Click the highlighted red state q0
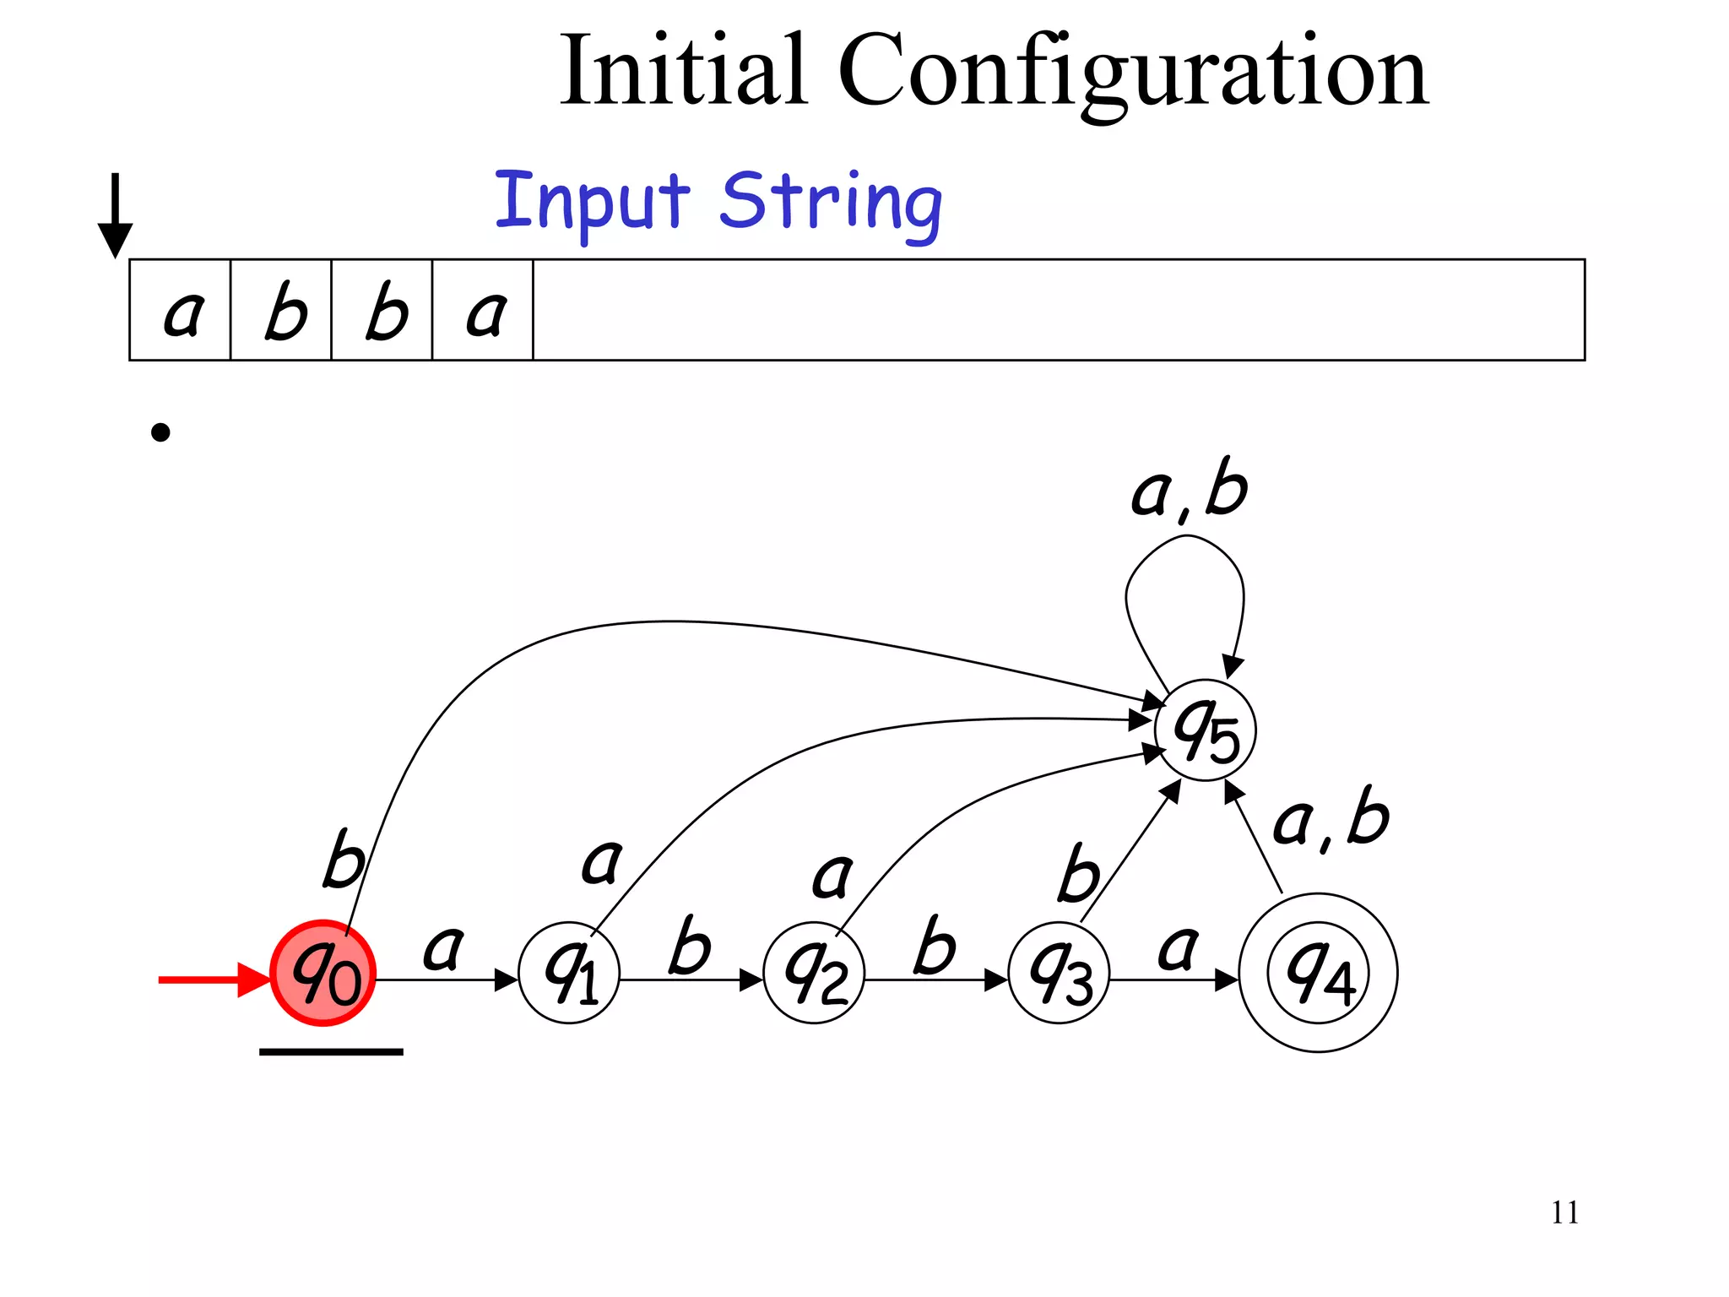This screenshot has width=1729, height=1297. [323, 973]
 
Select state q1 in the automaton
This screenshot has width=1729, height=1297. [570, 973]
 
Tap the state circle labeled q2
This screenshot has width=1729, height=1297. [815, 973]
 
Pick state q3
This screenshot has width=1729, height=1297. [1060, 973]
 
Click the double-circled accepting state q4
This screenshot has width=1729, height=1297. [1318, 973]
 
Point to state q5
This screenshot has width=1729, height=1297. [1206, 730]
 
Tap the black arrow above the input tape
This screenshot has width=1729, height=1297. [116, 215]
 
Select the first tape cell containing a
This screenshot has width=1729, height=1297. [181, 311]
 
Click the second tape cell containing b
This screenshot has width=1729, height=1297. [281, 311]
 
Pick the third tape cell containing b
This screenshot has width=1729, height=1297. [382, 311]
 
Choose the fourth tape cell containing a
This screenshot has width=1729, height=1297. [483, 311]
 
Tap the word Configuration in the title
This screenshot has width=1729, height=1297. [1133, 72]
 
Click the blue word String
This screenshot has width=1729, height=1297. [831, 203]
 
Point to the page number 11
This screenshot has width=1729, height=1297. [1564, 1213]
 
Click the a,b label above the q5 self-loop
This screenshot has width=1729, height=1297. [1189, 490]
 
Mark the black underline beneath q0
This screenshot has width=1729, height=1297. [331, 1052]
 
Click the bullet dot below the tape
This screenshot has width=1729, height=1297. [160, 433]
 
